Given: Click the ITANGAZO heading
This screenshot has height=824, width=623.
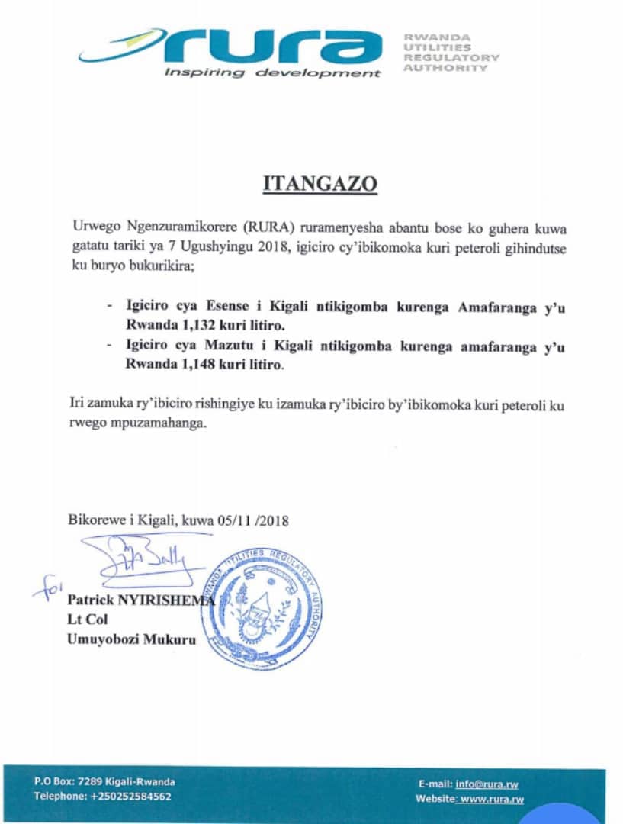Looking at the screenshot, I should click(x=320, y=185).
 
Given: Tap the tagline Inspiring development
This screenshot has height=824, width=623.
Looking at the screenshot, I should click(x=272, y=73).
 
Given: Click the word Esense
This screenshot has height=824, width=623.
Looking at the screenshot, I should click(x=221, y=306).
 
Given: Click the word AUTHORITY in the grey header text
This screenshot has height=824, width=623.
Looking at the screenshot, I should click(x=445, y=68).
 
